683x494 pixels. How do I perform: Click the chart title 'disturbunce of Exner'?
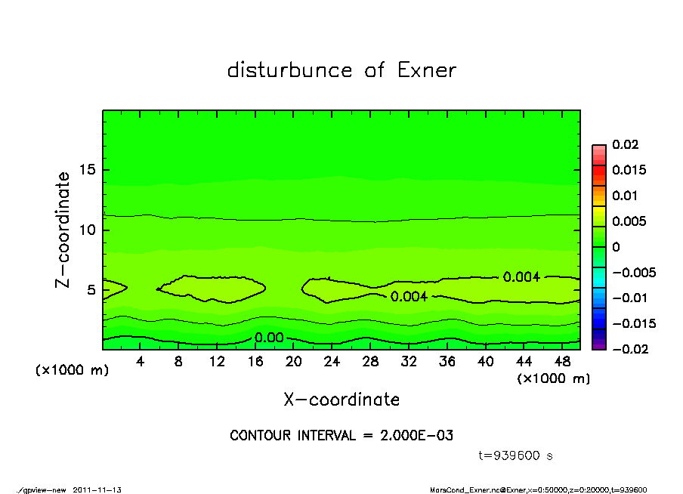[341, 71]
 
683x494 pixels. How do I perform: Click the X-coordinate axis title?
[341, 400]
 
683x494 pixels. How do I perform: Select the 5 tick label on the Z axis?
[92, 289]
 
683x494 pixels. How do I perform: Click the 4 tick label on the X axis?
[140, 362]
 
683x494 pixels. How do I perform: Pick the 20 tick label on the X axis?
[294, 362]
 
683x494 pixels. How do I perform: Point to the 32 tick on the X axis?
[409, 362]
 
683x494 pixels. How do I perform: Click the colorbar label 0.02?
[625, 144]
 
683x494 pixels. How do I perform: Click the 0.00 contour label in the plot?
[269, 337]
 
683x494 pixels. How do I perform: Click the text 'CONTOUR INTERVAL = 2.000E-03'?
[341, 436]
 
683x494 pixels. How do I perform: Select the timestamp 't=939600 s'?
[517, 455]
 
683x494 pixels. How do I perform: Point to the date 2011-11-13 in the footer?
[97, 489]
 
